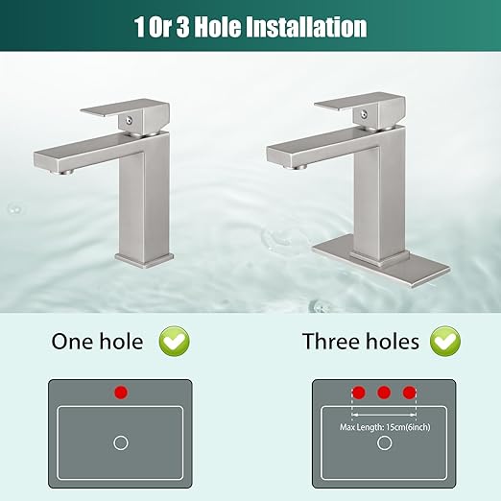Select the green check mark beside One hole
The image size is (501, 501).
174,340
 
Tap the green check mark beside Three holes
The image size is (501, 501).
444,340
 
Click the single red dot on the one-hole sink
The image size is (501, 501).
120,393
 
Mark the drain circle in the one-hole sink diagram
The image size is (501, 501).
120,442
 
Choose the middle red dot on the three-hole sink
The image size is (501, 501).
384,393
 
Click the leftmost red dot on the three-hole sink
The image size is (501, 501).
359,393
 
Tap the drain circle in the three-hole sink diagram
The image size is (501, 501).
384,442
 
